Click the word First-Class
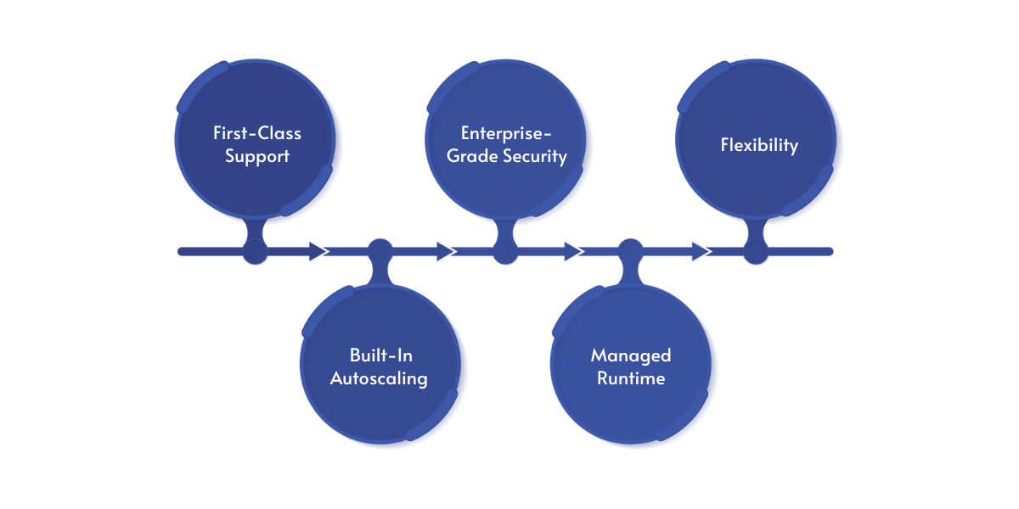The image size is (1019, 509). [256, 133]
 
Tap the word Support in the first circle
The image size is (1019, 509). [256, 156]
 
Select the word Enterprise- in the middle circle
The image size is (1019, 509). [506, 133]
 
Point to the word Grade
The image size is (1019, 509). [465, 156]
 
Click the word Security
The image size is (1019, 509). [533, 156]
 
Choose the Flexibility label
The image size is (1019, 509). [759, 145]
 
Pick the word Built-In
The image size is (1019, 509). [380, 355]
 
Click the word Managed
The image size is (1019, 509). [631, 355]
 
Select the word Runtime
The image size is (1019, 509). [631, 378]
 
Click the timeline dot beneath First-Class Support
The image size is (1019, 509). [255, 251]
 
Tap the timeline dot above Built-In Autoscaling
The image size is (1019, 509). [380, 251]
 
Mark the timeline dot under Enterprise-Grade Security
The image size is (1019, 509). [505, 251]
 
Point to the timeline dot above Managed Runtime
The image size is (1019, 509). [630, 251]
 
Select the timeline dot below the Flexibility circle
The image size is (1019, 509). [756, 251]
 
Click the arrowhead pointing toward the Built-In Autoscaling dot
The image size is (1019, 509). [319, 251]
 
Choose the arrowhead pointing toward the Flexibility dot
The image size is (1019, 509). [701, 251]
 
